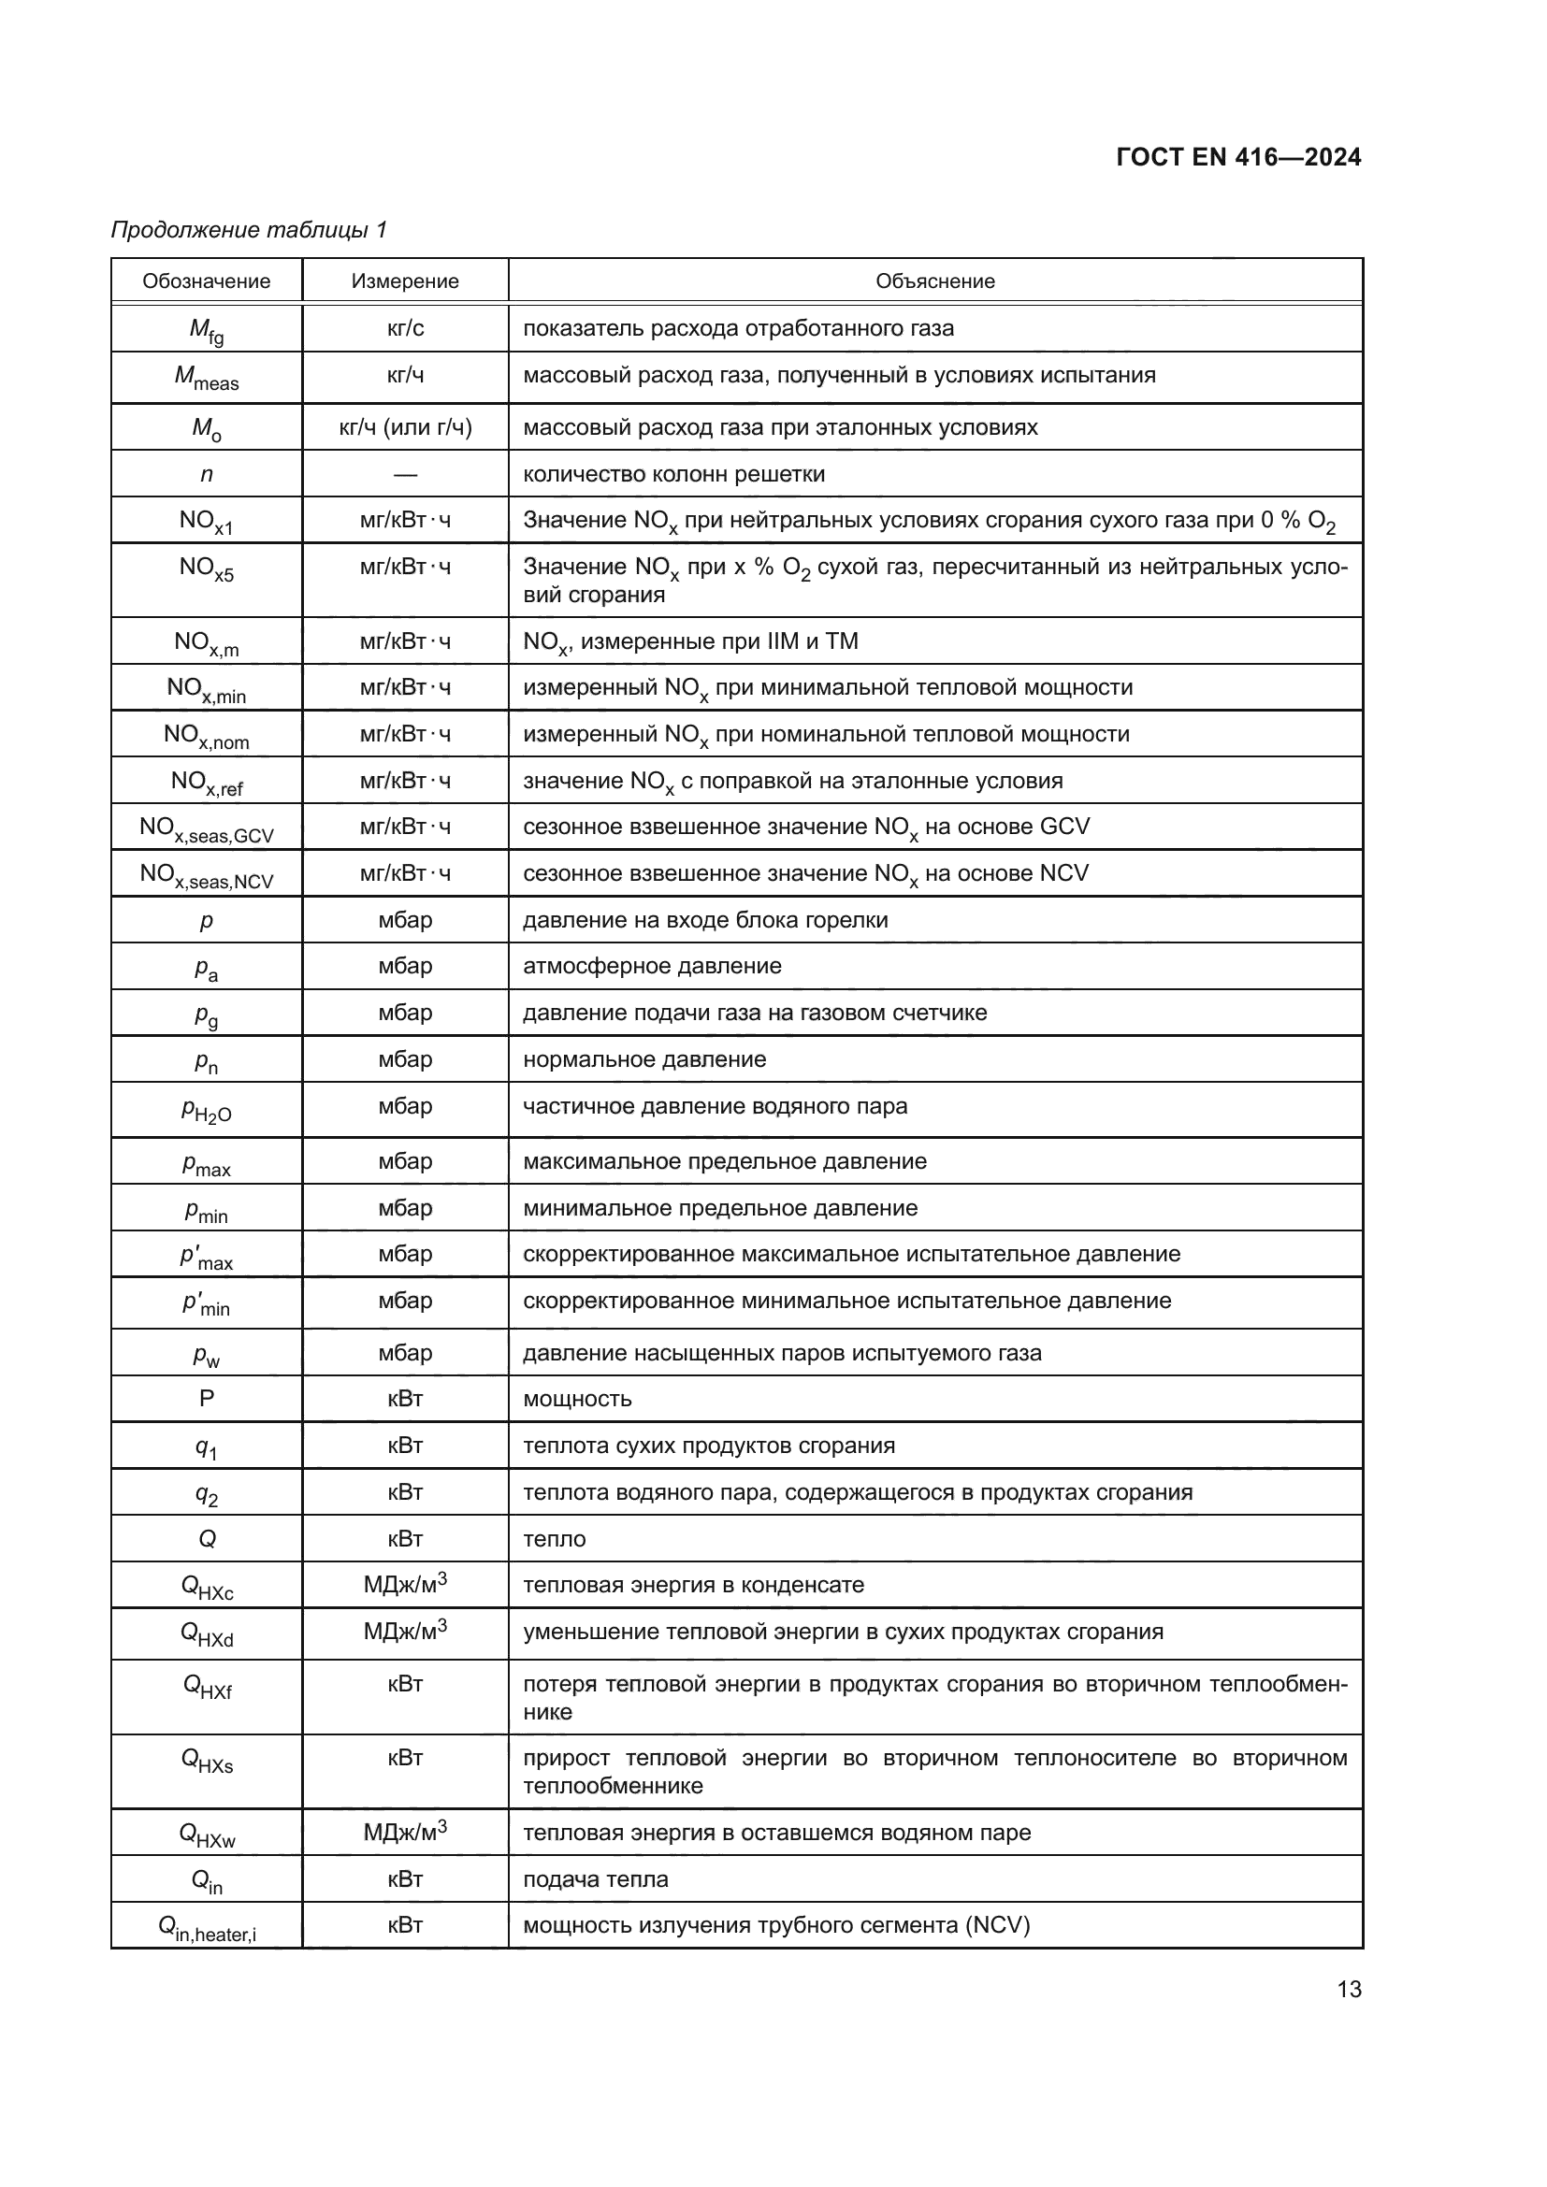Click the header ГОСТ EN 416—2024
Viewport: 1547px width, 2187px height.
tap(1237, 157)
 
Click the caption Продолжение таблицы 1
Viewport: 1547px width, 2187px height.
tap(249, 230)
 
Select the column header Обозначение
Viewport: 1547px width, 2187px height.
tap(206, 281)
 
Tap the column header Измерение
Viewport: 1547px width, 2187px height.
tap(405, 281)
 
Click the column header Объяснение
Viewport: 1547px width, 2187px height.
tap(934, 281)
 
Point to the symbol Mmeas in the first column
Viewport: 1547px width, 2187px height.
tap(206, 378)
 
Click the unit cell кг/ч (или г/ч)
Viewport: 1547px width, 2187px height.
tap(405, 426)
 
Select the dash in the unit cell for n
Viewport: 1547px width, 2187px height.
tap(405, 474)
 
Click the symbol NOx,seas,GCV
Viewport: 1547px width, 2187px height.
tap(206, 828)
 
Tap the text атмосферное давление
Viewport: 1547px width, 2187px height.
tap(652, 966)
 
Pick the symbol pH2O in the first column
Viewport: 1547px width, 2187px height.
tap(206, 1111)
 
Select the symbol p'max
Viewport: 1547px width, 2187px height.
tap(206, 1258)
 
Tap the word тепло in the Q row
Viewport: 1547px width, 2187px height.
tap(555, 1538)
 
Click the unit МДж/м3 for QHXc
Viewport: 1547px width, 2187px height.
tap(405, 1584)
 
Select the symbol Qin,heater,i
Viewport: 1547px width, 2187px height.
tap(206, 1929)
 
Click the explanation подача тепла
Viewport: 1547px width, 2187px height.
tap(596, 1879)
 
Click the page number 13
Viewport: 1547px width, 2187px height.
tap(1349, 1989)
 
